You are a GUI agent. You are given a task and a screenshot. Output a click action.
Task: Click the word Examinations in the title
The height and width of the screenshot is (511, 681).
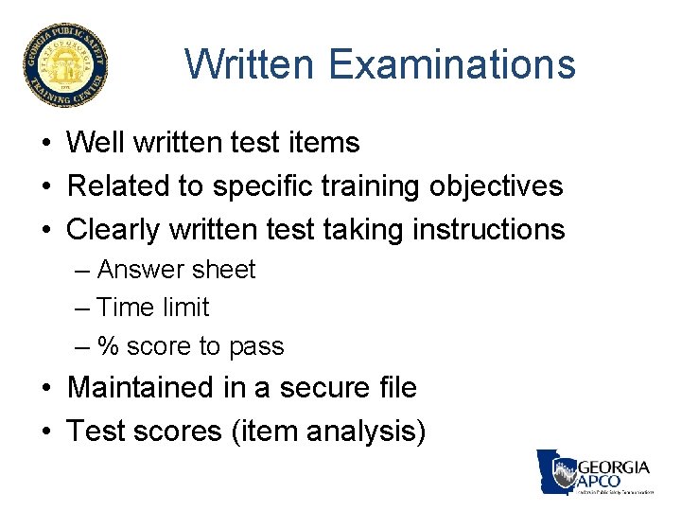tap(452, 64)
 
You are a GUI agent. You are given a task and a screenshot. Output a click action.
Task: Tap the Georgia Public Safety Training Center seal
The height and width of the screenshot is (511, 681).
tap(65, 64)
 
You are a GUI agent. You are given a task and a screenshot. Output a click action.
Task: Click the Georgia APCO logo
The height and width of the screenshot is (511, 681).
tap(595, 471)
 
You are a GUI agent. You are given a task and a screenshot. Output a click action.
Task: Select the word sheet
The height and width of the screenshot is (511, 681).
tap(224, 270)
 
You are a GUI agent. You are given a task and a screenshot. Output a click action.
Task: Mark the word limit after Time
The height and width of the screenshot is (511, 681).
tap(187, 308)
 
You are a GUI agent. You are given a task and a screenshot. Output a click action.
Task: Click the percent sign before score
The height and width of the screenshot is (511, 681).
tap(109, 346)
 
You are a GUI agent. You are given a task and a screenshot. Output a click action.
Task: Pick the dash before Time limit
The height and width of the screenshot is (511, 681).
tap(83, 308)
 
